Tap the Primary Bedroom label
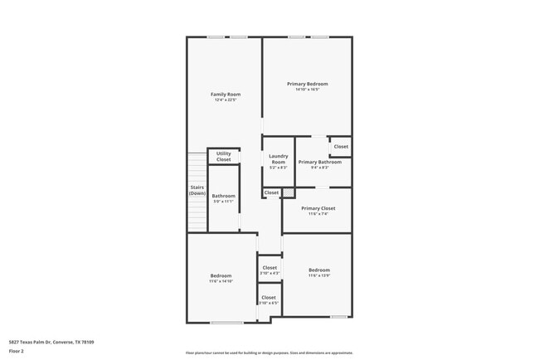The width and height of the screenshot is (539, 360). point(308,84)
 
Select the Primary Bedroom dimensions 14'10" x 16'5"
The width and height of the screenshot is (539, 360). point(308,90)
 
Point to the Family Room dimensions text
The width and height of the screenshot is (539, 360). point(226,100)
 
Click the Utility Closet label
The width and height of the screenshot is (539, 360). point(224,156)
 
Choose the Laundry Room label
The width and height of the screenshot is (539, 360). point(279,158)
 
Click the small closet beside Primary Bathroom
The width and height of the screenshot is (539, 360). point(341,147)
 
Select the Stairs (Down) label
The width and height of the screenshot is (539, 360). point(197,190)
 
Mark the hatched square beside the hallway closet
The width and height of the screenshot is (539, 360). point(289,192)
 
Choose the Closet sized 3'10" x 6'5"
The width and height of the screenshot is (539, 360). point(269,298)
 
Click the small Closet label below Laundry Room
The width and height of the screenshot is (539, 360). point(271,192)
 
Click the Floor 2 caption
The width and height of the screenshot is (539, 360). point(17,351)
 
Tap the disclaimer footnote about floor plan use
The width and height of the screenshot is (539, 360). point(269,353)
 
